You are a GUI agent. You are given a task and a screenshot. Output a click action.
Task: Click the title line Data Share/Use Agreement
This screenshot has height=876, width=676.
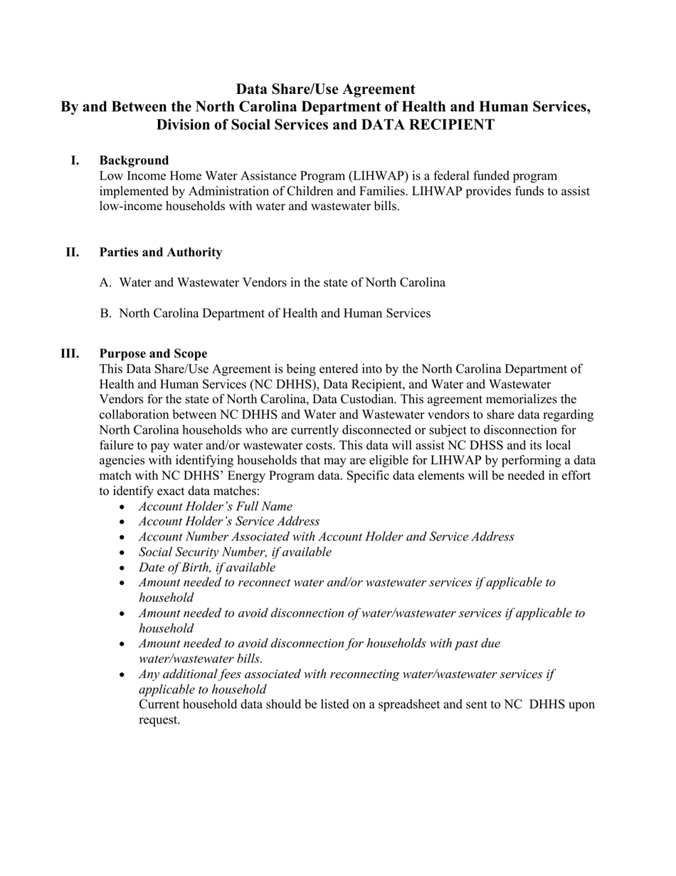click(x=325, y=89)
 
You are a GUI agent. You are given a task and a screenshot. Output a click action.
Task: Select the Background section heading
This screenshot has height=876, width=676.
click(x=134, y=160)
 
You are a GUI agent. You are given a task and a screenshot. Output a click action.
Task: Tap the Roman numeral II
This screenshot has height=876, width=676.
click(x=73, y=252)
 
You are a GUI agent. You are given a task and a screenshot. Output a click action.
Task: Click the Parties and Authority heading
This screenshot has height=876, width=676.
click(x=160, y=252)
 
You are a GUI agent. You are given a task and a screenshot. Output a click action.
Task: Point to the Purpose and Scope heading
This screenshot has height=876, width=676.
click(x=153, y=354)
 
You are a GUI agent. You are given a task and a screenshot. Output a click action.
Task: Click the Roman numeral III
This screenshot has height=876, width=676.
click(x=70, y=354)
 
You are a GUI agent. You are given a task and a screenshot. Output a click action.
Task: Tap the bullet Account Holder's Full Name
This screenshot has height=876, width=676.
click(x=215, y=506)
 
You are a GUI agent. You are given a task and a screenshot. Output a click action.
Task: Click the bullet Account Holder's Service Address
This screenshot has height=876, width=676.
click(x=228, y=521)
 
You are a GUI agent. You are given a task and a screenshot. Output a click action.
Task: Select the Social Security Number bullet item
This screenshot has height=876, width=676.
click(x=235, y=552)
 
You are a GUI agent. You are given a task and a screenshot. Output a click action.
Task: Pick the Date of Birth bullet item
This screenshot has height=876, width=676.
click(x=206, y=568)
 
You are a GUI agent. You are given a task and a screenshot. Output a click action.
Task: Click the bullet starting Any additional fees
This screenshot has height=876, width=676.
click(x=346, y=674)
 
